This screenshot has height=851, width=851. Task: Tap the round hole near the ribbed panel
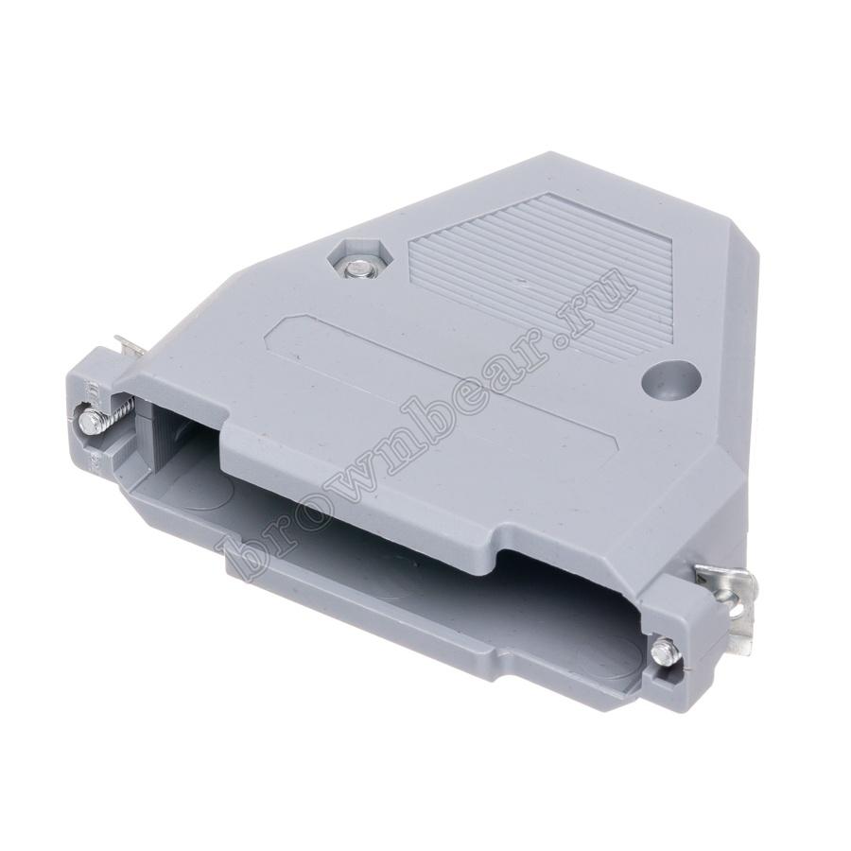click(x=669, y=381)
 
